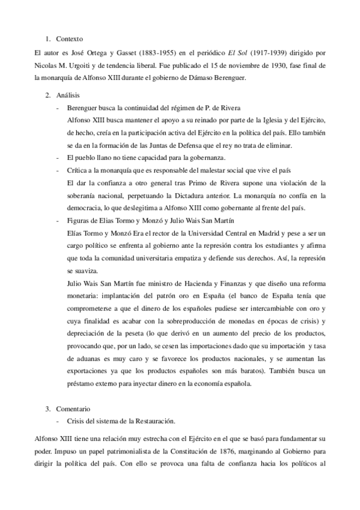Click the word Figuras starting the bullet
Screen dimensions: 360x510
point(81,221)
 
